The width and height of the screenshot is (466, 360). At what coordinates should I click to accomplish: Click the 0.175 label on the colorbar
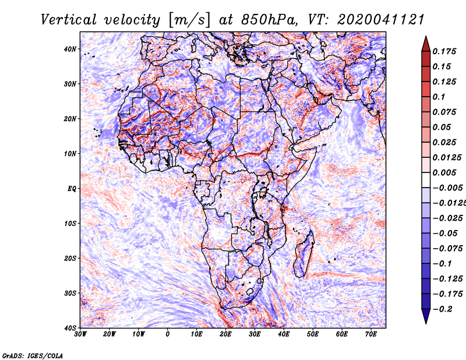(444, 51)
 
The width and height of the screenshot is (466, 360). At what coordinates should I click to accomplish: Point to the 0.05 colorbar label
(442, 127)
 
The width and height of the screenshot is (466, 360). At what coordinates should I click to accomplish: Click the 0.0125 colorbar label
(446, 157)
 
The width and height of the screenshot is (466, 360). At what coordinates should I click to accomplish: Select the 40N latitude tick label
(70, 49)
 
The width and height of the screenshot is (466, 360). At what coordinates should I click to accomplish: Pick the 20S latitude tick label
(70, 258)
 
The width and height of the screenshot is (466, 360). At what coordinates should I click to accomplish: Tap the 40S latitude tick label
(70, 328)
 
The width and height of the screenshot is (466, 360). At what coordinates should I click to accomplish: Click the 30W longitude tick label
(80, 334)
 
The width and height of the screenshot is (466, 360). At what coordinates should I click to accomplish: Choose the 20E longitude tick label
(225, 334)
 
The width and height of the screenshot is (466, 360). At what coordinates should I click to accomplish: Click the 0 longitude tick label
(168, 334)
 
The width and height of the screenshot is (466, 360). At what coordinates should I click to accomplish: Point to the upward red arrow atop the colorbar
(426, 42)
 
